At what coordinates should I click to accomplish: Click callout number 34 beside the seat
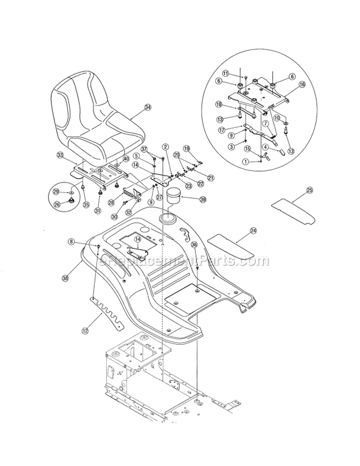pos(147,108)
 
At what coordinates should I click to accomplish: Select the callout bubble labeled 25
pos(310,191)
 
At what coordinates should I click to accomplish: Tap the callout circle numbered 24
pos(252,231)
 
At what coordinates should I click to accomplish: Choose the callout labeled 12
pos(85,330)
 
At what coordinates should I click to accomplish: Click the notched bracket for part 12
pos(107,313)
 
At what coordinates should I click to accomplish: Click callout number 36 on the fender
pos(194,245)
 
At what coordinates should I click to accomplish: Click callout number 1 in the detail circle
pos(246,162)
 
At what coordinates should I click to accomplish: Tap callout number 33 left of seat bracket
pos(60,155)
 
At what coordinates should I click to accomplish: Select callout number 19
pos(187,148)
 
